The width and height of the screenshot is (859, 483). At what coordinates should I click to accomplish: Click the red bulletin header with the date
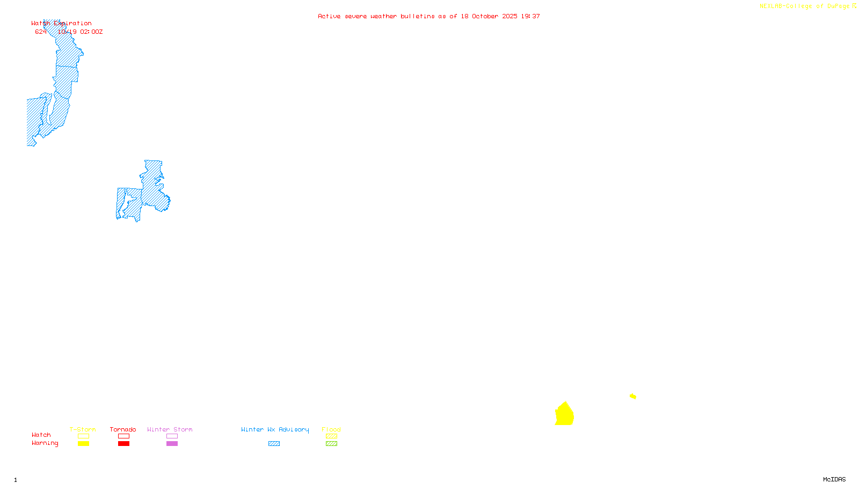(x=428, y=17)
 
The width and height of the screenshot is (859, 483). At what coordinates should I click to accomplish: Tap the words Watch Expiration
(x=61, y=24)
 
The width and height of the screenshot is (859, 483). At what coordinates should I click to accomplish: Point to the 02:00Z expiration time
(x=91, y=32)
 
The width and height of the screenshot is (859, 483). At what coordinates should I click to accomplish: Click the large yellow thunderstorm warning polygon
(x=564, y=415)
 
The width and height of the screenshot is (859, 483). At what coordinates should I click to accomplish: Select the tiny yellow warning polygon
(x=633, y=396)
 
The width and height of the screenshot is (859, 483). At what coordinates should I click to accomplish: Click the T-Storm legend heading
(x=83, y=429)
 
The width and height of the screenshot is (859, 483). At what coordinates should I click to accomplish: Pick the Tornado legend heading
(x=123, y=429)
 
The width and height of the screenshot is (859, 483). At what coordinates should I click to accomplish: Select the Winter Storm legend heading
(x=170, y=429)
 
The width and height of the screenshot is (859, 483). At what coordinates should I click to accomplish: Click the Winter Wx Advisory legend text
(x=275, y=429)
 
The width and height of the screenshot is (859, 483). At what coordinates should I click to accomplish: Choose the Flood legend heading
(x=331, y=429)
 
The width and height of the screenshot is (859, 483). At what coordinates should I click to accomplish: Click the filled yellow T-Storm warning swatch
(x=83, y=444)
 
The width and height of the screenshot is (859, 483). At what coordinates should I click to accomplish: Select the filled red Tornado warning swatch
(x=123, y=444)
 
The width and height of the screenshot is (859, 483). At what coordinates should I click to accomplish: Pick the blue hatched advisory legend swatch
(x=274, y=444)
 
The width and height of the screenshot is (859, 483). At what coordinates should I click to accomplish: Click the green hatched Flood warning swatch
(x=331, y=444)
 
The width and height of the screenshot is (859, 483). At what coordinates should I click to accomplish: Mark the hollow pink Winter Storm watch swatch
(x=172, y=436)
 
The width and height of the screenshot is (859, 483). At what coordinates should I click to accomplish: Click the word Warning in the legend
(x=45, y=443)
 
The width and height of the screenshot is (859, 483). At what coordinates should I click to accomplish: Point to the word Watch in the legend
(x=41, y=435)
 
